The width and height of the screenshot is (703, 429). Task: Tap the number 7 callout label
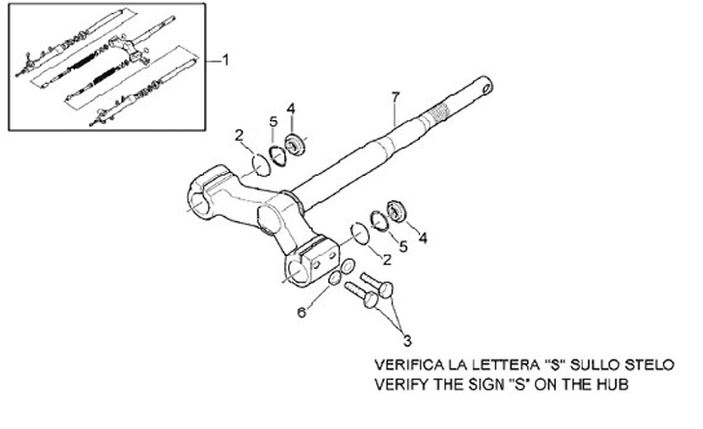pos(394,97)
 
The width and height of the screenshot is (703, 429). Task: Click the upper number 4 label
pos(291,107)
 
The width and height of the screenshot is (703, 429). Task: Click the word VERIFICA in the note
pos(411,365)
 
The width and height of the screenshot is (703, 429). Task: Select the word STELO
pos(647,365)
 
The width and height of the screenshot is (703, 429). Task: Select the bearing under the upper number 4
pos(295,148)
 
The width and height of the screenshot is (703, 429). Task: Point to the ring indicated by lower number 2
pos(359,233)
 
